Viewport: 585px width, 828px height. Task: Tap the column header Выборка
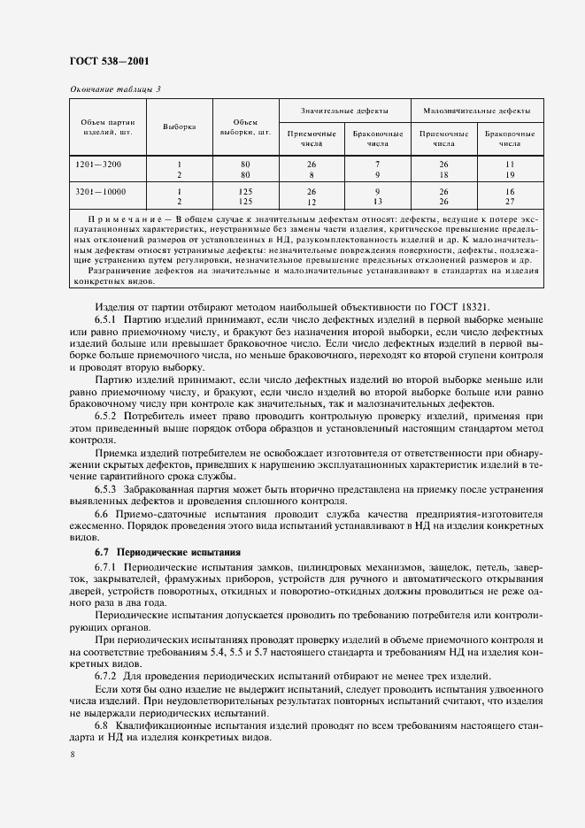(179, 127)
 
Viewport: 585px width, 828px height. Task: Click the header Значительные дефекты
(343, 111)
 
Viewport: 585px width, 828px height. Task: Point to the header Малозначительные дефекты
(477, 111)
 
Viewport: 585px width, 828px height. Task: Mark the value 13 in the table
(377, 202)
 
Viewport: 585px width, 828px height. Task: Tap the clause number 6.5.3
(107, 488)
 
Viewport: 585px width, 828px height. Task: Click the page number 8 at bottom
(72, 755)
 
